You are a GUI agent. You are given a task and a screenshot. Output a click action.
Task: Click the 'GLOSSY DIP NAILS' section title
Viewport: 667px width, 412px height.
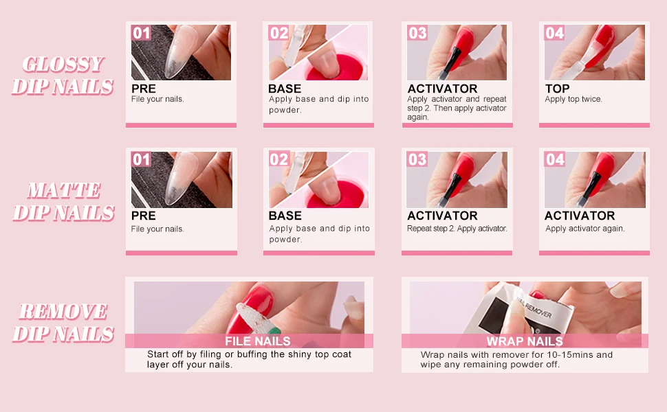(63, 76)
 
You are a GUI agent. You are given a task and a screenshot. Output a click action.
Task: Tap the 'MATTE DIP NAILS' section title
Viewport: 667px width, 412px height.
(63, 202)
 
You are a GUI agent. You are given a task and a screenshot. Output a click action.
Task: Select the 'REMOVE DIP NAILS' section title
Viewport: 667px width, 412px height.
(63, 323)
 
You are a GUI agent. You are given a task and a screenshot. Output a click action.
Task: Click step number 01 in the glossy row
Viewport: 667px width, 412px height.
(141, 33)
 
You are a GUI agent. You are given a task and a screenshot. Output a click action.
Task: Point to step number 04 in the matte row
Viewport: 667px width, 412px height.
(555, 159)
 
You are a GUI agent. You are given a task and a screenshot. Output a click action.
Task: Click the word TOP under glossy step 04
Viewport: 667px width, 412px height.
(557, 89)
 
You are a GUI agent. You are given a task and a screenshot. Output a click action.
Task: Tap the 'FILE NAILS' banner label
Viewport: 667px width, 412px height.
(258, 341)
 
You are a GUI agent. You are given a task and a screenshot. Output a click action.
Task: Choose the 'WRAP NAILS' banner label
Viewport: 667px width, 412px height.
(525, 341)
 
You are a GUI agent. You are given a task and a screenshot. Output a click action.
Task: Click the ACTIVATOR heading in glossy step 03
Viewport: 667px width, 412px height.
(442, 89)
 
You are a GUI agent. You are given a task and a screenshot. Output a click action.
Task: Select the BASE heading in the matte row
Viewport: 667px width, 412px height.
(285, 216)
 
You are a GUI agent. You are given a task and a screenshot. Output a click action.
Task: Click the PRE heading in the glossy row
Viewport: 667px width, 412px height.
(143, 89)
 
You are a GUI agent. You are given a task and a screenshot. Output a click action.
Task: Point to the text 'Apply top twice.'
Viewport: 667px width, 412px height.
(573, 100)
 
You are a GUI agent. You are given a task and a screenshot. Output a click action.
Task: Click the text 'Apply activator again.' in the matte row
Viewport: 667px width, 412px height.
(585, 229)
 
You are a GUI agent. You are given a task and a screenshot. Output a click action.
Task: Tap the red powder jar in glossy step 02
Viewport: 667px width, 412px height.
(337, 68)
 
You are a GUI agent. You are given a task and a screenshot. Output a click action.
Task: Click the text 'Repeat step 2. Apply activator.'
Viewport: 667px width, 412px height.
(457, 229)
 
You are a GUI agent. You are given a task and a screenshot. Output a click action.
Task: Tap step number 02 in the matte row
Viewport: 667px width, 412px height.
(279, 159)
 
